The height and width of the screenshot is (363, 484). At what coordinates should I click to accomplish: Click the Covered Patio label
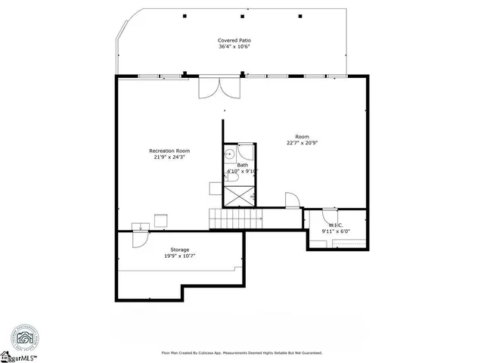[x=234, y=40]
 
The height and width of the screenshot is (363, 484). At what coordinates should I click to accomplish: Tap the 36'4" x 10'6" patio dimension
[x=234, y=47]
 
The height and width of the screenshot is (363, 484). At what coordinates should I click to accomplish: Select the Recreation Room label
[x=169, y=150]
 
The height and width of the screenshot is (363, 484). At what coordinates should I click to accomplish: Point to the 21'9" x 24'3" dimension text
[x=169, y=157]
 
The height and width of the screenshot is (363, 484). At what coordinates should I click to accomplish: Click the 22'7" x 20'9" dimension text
[x=301, y=143]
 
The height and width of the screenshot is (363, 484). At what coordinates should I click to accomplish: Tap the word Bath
[x=242, y=165]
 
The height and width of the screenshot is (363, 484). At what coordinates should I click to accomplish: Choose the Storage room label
[x=179, y=250]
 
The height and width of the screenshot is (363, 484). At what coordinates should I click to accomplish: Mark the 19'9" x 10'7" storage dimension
[x=179, y=256]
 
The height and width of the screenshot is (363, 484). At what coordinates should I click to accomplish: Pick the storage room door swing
[x=140, y=237]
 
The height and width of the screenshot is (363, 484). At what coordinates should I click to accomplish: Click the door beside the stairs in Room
[x=291, y=200]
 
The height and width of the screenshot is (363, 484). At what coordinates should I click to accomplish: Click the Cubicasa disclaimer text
[x=242, y=352]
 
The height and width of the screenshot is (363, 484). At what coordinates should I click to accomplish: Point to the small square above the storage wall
[x=161, y=219]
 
